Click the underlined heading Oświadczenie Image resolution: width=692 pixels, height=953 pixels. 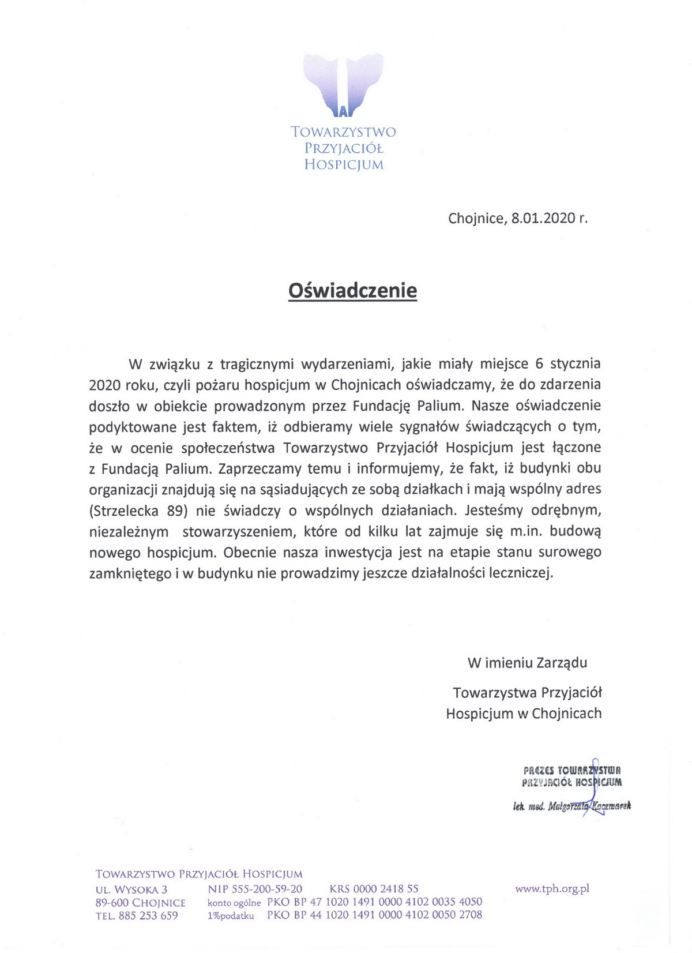(x=352, y=290)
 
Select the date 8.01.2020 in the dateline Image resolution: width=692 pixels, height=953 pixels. (x=543, y=218)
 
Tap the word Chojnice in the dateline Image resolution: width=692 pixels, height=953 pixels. (x=476, y=218)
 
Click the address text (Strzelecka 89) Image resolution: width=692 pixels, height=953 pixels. (x=139, y=511)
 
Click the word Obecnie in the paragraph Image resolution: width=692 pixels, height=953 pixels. (x=250, y=553)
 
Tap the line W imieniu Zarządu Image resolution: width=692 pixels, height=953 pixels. (x=527, y=662)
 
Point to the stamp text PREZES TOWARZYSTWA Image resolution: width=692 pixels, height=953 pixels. (x=571, y=770)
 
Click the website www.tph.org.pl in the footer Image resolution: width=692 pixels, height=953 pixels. (x=552, y=889)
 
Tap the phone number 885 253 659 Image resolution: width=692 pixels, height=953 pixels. (x=148, y=916)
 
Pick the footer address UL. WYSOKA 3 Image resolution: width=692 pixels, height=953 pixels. (x=131, y=890)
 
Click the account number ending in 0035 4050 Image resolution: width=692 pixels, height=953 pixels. (x=374, y=902)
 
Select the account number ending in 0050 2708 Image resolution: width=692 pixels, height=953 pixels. (x=374, y=915)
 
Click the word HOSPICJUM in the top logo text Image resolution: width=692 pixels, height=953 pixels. (x=344, y=165)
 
